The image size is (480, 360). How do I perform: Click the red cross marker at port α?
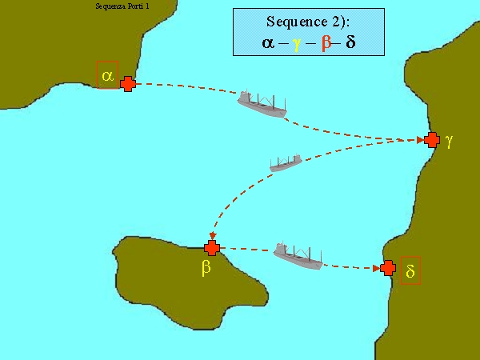click(x=128, y=84)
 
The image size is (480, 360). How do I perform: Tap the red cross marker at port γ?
click(x=432, y=140)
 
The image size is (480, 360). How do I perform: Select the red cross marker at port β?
click(x=212, y=248)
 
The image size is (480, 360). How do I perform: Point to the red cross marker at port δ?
click(x=388, y=268)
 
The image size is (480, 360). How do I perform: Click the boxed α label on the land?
click(x=107, y=75)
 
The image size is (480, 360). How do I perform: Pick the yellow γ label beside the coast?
click(x=449, y=141)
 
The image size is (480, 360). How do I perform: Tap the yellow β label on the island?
click(x=206, y=267)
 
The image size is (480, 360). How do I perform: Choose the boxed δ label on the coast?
click(x=410, y=271)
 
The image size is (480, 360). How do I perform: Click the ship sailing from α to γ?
click(x=262, y=104)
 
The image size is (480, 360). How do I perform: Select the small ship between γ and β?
click(x=286, y=163)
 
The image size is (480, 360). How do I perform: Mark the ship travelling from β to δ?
click(x=298, y=256)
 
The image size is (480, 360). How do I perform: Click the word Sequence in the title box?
click(x=293, y=22)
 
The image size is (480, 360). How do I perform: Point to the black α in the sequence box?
click(x=268, y=43)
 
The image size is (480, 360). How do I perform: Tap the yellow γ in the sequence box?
click(x=296, y=45)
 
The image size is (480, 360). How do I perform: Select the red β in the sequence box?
click(x=326, y=42)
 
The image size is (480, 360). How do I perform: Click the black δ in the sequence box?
click(x=351, y=42)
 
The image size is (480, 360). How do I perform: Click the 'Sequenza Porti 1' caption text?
click(x=122, y=6)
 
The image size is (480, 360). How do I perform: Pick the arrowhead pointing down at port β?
click(x=213, y=236)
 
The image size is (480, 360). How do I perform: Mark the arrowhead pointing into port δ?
click(x=377, y=269)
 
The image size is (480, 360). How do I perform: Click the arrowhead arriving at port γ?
click(x=421, y=140)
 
